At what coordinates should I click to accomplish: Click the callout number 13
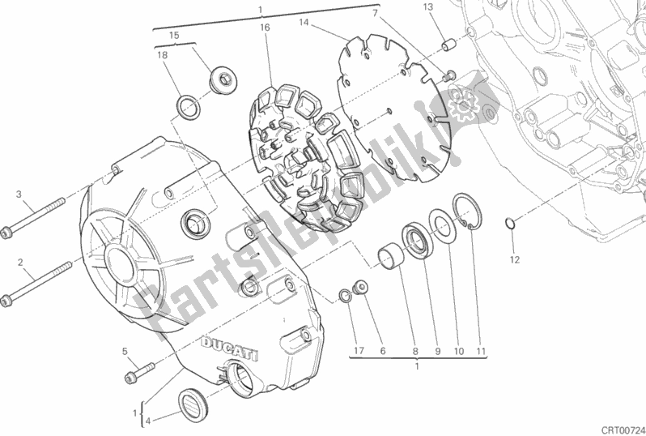coord(428,7)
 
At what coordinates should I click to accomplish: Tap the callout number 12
coord(515,260)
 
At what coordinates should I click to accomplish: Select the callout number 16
coord(265,28)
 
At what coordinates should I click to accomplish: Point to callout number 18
coord(163,55)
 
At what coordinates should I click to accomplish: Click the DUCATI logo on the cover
coord(229,349)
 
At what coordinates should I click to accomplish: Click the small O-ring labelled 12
coord(510,223)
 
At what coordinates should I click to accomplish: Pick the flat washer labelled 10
coord(442,226)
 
